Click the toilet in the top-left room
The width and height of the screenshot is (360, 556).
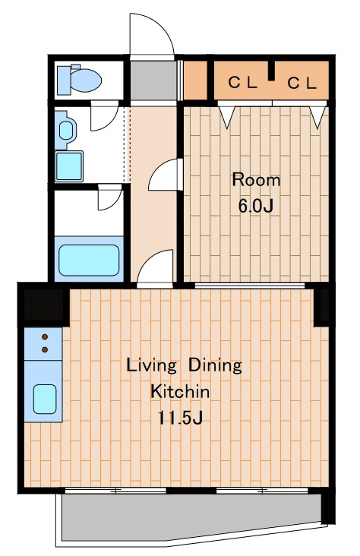coord(79,80)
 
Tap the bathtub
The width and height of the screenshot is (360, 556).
coord(89,261)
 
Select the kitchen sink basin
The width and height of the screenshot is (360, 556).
coord(45,399)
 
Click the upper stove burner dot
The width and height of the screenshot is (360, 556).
coord(45,336)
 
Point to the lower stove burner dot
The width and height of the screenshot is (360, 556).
coord(45,349)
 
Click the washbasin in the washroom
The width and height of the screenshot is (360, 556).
coord(66,130)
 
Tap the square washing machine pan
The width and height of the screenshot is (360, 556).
coord(69,166)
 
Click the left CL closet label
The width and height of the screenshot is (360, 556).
coord(242,83)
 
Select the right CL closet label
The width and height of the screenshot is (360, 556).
coord(302,84)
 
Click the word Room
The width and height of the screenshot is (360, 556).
coord(256,180)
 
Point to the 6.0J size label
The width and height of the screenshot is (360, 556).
coord(256,206)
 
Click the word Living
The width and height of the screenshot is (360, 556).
coord(151,366)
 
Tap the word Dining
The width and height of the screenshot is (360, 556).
coord(215,365)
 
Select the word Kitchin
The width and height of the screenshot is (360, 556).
coord(180,391)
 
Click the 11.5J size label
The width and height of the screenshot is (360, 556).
coord(180,418)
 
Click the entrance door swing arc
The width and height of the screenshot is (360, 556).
coord(163,27)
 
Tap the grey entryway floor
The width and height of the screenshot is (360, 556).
coord(153,81)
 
